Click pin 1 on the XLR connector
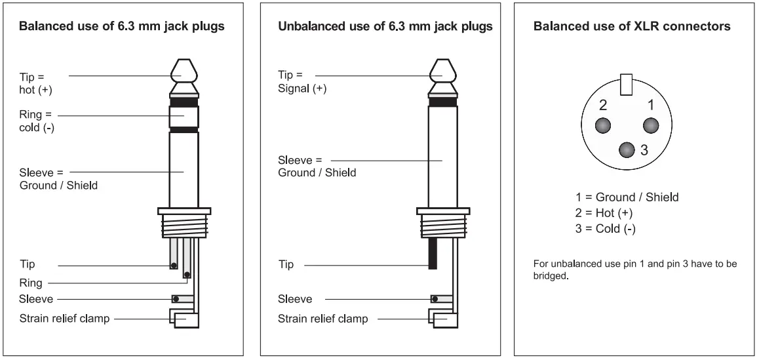(650, 125)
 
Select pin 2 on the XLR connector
(602, 125)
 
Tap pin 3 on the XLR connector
(627, 150)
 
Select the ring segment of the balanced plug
(184, 116)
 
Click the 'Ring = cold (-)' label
(37, 121)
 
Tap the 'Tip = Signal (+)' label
(302, 81)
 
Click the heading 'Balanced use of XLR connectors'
(632, 27)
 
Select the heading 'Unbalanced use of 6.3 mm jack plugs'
(385, 27)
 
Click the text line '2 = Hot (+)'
(604, 213)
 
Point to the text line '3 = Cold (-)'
(606, 229)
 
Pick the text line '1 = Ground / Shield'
(627, 197)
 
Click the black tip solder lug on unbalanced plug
(433, 254)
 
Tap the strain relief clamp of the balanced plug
(187, 319)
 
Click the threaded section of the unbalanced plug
(442, 226)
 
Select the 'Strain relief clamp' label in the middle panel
(322, 319)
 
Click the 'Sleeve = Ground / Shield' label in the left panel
(58, 179)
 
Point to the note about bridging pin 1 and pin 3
(635, 270)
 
